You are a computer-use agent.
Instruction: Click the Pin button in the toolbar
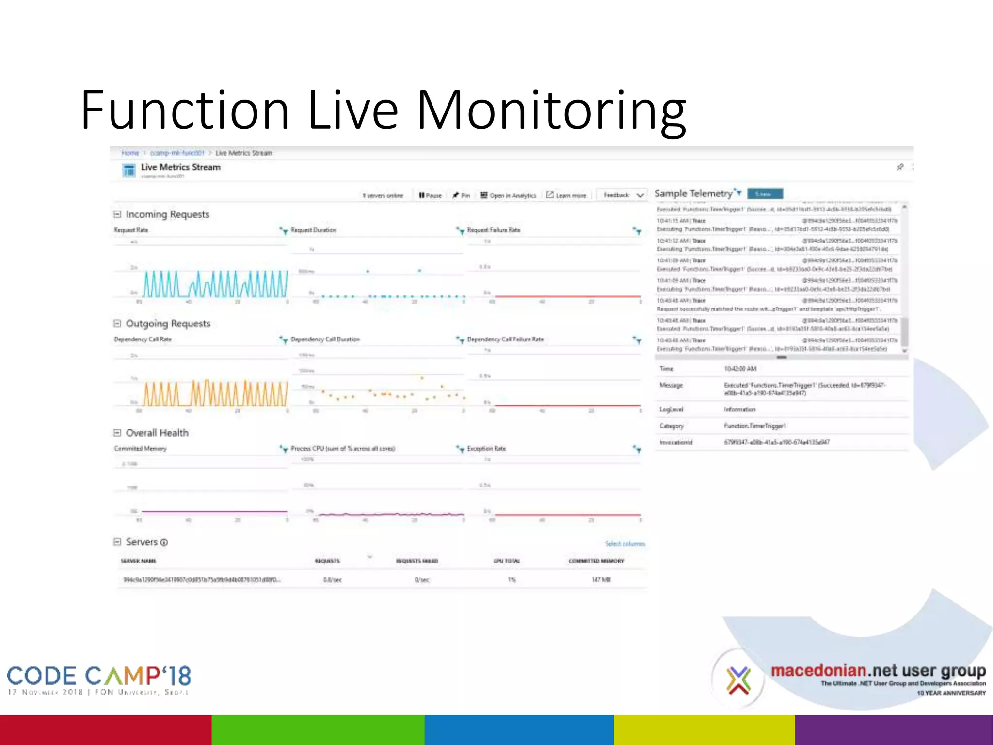coord(461,195)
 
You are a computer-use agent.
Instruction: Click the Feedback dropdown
coord(623,195)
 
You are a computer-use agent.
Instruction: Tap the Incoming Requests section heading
coord(167,214)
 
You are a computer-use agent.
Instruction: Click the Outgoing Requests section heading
coord(168,324)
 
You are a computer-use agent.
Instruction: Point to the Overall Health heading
coord(157,433)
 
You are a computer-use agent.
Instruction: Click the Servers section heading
coord(142,542)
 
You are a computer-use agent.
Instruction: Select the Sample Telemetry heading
coord(693,194)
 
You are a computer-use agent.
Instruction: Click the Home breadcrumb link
coord(130,153)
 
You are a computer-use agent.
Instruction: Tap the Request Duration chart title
coord(314,230)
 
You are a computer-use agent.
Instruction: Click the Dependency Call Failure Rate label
coord(505,339)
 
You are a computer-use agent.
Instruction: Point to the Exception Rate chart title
coord(486,449)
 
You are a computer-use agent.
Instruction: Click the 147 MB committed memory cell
coord(601,580)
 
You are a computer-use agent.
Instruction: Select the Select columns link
coord(625,544)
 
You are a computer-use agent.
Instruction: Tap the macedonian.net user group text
coord(878,671)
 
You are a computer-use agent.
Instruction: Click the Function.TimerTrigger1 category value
coord(754,426)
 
